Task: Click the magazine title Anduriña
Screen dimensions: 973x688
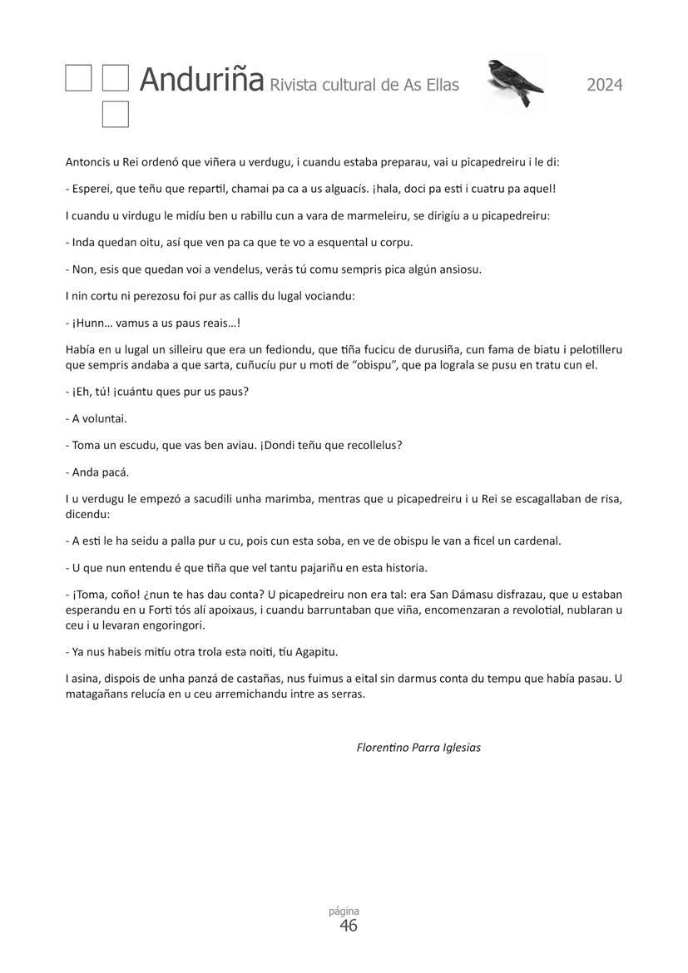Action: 201,80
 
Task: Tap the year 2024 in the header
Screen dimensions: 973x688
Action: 604,84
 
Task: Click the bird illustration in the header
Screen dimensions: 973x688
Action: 514,81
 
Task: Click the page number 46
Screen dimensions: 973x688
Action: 349,926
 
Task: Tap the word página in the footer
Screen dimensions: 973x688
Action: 344,911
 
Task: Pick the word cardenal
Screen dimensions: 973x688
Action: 535,541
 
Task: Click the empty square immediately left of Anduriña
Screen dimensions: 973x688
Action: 116,78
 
